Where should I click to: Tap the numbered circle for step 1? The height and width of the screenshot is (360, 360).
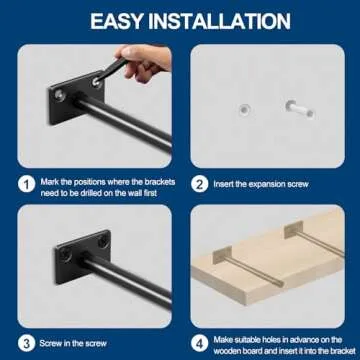(26, 182)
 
